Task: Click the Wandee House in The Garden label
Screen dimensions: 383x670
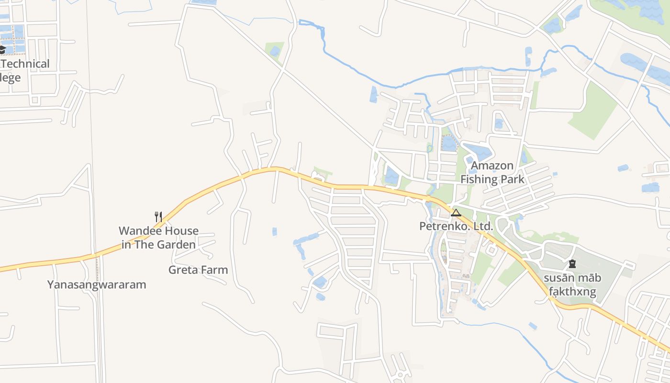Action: point(158,237)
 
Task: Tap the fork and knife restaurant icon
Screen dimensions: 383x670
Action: point(158,216)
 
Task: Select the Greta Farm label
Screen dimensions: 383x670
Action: point(198,270)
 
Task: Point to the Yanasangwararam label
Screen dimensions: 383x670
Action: point(96,285)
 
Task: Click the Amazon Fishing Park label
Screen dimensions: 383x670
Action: point(492,173)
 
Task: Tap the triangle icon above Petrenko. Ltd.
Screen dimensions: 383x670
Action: point(456,213)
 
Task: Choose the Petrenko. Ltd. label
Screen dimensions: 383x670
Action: point(456,226)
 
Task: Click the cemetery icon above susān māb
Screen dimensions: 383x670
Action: point(572,264)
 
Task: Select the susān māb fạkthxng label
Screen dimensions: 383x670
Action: point(572,285)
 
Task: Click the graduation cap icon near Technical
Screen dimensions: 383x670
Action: point(2,50)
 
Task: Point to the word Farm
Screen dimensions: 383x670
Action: point(215,270)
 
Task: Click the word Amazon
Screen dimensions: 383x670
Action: point(492,166)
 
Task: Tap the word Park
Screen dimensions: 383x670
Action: point(514,180)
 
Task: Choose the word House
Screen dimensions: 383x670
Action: point(180,231)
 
